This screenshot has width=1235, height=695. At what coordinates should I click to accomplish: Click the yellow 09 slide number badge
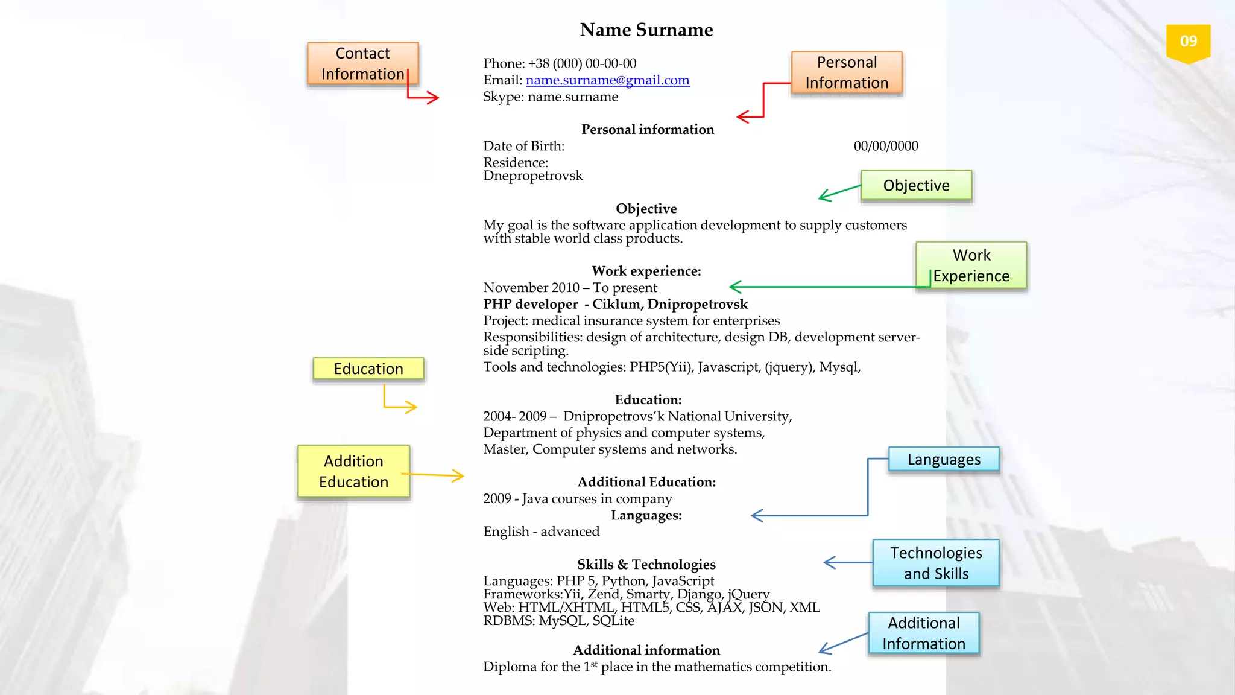pyautogui.click(x=1188, y=42)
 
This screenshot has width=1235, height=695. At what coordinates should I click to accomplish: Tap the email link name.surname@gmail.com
pyautogui.click(x=607, y=80)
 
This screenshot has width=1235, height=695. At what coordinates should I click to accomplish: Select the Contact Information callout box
pyautogui.click(x=362, y=63)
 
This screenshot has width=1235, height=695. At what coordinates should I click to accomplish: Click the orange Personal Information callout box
pyautogui.click(x=847, y=72)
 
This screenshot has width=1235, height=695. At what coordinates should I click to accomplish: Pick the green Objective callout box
pyautogui.click(x=916, y=185)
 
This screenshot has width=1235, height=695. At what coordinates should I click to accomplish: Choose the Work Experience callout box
pyautogui.click(x=971, y=265)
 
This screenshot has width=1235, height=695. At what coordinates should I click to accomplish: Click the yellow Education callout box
pyautogui.click(x=368, y=369)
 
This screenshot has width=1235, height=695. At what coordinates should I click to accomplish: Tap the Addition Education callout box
pyautogui.click(x=353, y=471)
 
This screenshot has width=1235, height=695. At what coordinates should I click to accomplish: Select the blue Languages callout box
pyautogui.click(x=944, y=459)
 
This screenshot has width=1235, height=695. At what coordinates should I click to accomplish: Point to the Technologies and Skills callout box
pyautogui.click(x=936, y=563)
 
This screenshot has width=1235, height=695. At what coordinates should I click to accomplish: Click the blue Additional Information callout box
pyautogui.click(x=924, y=633)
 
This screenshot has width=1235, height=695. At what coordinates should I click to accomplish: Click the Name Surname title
pyautogui.click(x=646, y=30)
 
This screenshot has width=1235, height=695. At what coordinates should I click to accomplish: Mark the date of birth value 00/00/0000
pyautogui.click(x=886, y=146)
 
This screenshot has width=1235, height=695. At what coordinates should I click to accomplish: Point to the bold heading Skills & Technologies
pyautogui.click(x=646, y=564)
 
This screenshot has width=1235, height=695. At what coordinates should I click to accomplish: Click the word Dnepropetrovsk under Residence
pyautogui.click(x=533, y=176)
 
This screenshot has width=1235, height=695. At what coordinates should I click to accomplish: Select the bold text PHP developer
pyautogui.click(x=531, y=304)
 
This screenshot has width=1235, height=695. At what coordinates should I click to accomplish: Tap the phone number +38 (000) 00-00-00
pyautogui.click(x=583, y=63)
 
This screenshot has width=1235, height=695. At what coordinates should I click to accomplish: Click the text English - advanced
pyautogui.click(x=542, y=532)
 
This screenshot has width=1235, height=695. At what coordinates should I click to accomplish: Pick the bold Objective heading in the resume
pyautogui.click(x=646, y=209)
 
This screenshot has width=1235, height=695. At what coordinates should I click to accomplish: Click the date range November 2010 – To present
pyautogui.click(x=570, y=288)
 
